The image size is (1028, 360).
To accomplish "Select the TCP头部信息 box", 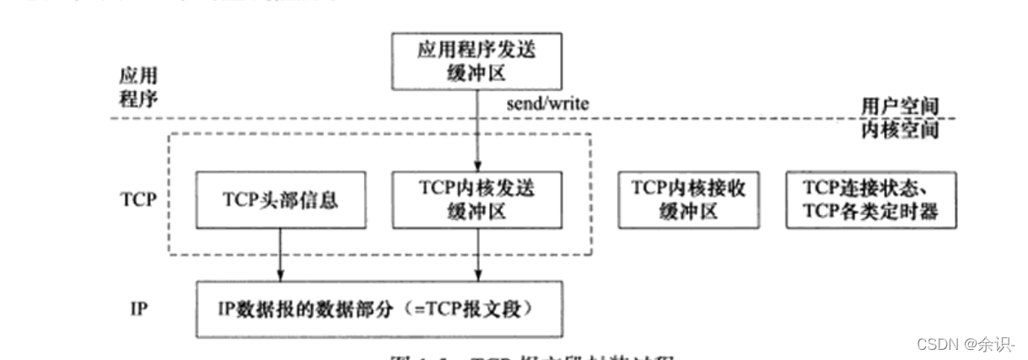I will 279,201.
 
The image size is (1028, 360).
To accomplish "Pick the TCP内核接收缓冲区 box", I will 686,199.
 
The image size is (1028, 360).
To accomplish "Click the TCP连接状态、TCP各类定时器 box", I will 862,199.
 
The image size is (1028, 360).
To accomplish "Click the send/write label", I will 546,105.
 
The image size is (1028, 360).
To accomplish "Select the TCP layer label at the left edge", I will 137,202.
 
